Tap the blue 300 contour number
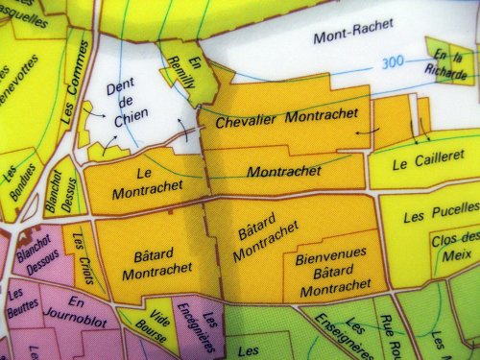pos(392,63)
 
